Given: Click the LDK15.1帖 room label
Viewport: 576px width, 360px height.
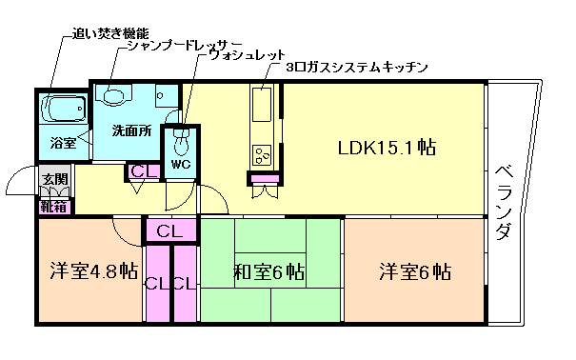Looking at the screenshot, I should click(387, 149).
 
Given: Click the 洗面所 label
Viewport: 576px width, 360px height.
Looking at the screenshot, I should click(130, 130).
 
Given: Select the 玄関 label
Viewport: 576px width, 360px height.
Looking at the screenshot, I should click(53, 179).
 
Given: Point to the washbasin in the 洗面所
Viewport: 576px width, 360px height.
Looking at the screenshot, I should click(117, 95).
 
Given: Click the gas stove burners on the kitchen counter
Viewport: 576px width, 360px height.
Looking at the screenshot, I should click(261, 153).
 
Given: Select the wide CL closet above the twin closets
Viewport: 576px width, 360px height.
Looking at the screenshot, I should click(170, 230).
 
